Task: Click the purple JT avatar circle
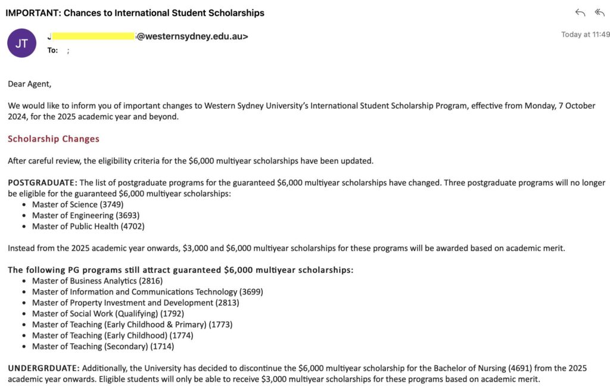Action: pyautogui.click(x=21, y=43)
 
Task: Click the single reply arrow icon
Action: pyautogui.click(x=580, y=13)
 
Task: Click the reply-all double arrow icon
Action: pyautogui.click(x=599, y=13)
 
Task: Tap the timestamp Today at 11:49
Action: pyautogui.click(x=585, y=35)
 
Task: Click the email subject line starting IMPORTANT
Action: pyautogui.click(x=135, y=13)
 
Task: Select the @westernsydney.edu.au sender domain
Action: pyautogui.click(x=192, y=36)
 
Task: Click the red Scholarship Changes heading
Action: pyautogui.click(x=54, y=139)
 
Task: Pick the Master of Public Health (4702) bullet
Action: pyautogui.click(x=88, y=226)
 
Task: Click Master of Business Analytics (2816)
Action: pyautogui.click(x=97, y=281)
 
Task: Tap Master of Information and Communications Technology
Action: pyautogui.click(x=147, y=292)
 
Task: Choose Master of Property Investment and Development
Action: pyautogui.click(x=135, y=303)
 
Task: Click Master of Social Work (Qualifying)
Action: pyautogui.click(x=108, y=313)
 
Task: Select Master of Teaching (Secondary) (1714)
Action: pyautogui.click(x=103, y=346)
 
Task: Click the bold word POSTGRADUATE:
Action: pyautogui.click(x=42, y=182)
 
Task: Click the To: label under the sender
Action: pyautogui.click(x=52, y=51)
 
